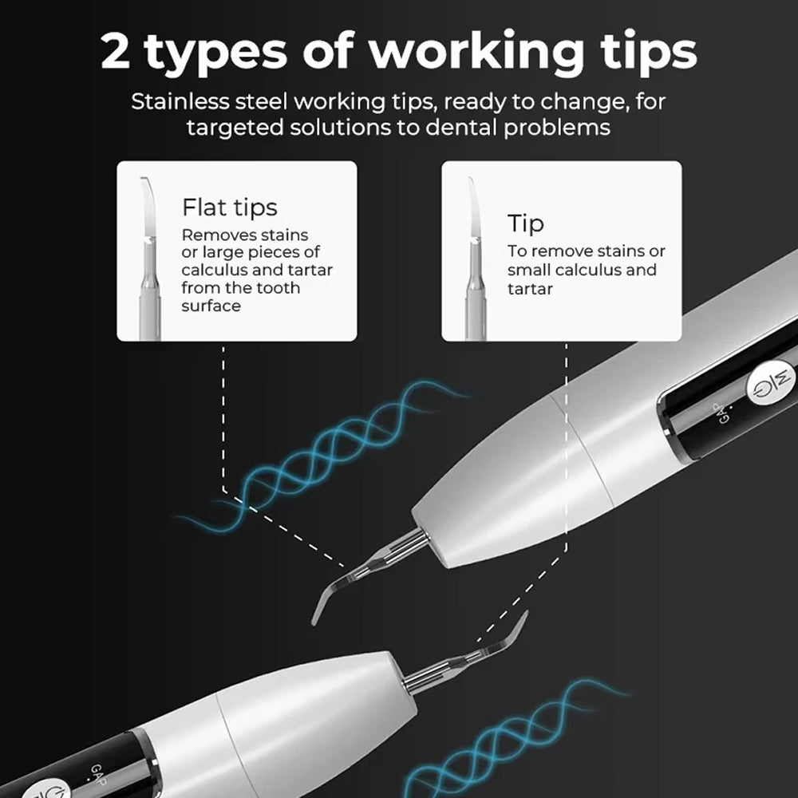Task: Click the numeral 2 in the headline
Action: click(x=115, y=51)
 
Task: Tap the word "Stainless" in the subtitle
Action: click(x=180, y=101)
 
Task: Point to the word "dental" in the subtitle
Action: click(x=461, y=127)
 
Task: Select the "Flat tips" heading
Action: click(x=230, y=207)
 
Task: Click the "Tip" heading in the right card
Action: click(x=525, y=224)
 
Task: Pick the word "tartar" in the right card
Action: click(x=530, y=289)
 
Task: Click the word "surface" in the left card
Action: click(x=211, y=306)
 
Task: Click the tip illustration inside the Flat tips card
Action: click(x=150, y=259)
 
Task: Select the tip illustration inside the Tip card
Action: click(x=476, y=259)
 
